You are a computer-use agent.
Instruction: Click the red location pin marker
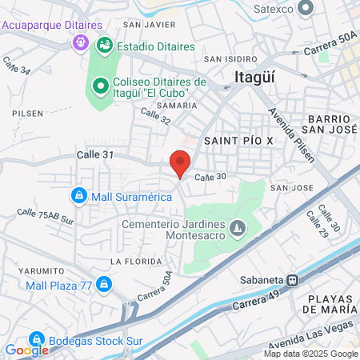coord(181,163)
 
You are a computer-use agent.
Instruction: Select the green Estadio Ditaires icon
coord(104,46)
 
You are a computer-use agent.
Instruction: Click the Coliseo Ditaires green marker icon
coord(99,84)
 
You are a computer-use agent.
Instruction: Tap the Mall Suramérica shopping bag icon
coord(78,194)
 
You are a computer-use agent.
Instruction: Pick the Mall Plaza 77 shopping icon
coord(103,284)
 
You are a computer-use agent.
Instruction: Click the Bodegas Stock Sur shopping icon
coord(36,340)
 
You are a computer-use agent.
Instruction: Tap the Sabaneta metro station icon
coord(294,281)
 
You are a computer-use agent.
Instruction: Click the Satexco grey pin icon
coord(305,9)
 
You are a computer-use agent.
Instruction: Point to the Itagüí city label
coord(257,78)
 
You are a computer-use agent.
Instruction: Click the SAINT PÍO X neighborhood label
coord(239,140)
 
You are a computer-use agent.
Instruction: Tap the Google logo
coord(26,350)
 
